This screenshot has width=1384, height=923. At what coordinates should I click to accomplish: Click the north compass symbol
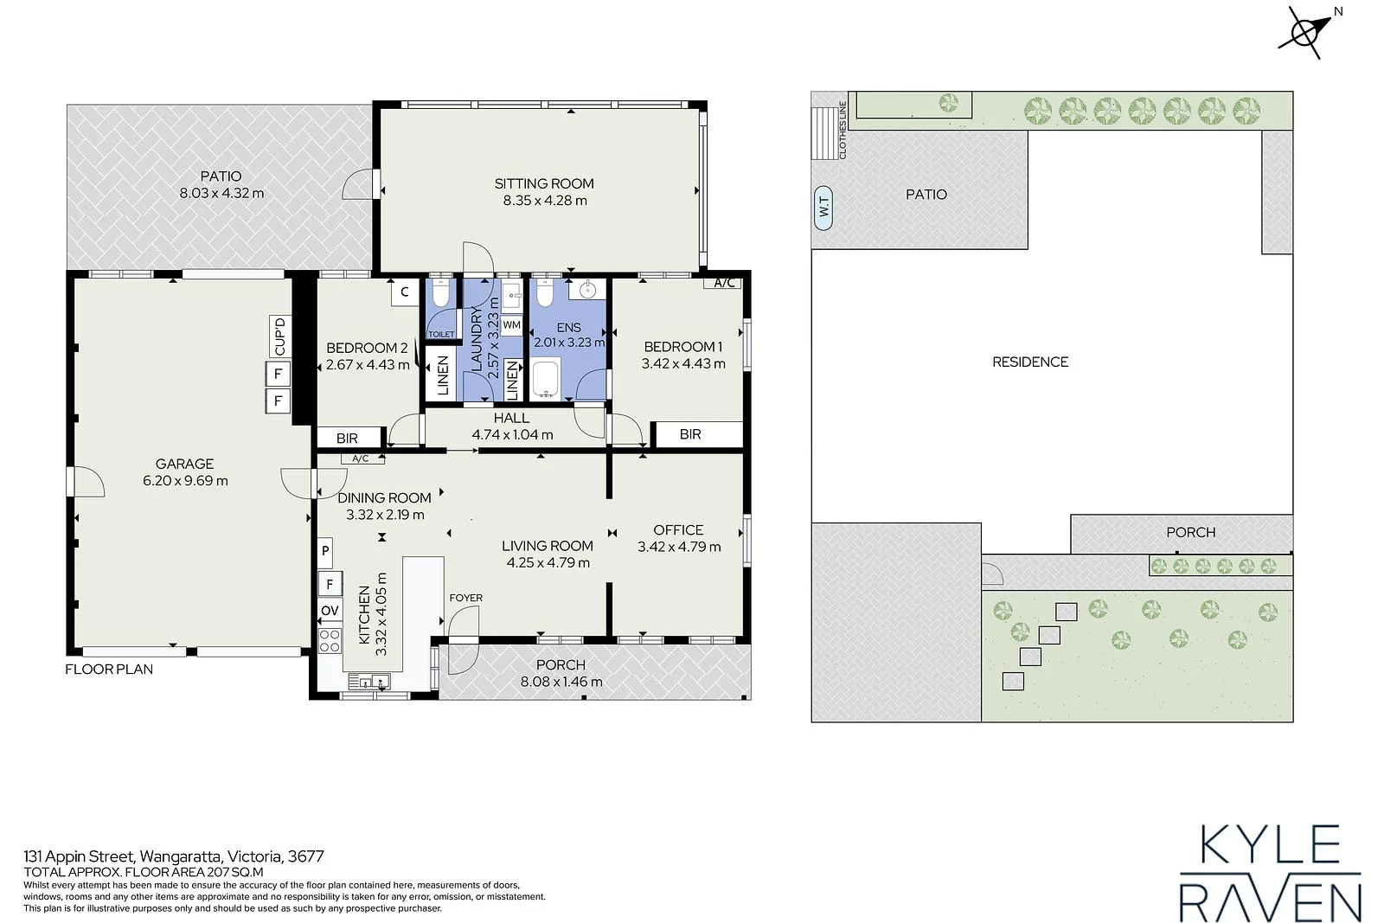pyautogui.click(x=1306, y=32)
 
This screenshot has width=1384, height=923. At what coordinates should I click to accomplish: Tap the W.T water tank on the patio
pyautogui.click(x=823, y=208)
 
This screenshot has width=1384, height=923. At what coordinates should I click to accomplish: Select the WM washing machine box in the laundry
pyautogui.click(x=511, y=325)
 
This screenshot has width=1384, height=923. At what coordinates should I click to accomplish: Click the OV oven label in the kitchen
pyautogui.click(x=330, y=611)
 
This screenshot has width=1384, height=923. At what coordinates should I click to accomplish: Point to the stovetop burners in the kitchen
pyautogui.click(x=330, y=641)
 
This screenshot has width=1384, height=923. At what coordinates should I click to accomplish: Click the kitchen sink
pyautogui.click(x=369, y=682)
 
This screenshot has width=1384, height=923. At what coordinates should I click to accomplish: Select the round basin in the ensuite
pyautogui.click(x=587, y=289)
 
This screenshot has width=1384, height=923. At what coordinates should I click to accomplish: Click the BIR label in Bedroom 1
pyautogui.click(x=690, y=434)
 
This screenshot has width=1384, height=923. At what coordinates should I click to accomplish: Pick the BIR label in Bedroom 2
pyautogui.click(x=347, y=438)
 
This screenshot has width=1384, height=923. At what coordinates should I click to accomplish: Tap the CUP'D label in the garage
pyautogui.click(x=280, y=337)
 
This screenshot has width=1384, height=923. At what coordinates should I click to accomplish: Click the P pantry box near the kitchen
pyautogui.click(x=325, y=551)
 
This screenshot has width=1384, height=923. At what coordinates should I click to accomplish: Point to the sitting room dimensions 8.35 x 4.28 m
pyautogui.click(x=545, y=200)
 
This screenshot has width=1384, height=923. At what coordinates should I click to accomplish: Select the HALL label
pyautogui.click(x=511, y=418)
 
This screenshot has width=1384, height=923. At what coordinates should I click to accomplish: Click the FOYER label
pyautogui.click(x=466, y=598)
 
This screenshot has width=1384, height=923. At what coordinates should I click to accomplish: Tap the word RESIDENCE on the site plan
pyautogui.click(x=1030, y=362)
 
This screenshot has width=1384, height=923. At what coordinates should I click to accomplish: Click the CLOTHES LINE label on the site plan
pyautogui.click(x=843, y=131)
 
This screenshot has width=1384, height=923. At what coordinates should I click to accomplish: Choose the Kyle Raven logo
pyautogui.click(x=1271, y=872)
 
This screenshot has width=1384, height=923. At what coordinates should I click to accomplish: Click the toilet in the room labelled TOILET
pyautogui.click(x=440, y=294)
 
